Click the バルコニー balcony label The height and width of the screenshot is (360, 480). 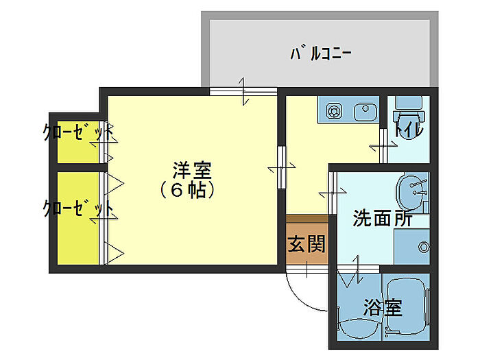pos(321,53)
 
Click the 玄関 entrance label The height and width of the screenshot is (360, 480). pos(306,244)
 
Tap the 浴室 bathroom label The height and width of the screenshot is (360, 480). pos(383,308)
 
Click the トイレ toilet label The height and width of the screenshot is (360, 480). pos(408,129)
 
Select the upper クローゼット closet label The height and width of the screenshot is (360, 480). pos(77,132)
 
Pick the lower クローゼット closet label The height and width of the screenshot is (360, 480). pos(77,208)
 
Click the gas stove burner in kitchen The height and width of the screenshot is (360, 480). pos(335,110)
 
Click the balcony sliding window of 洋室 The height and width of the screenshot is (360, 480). pos(243,92)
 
